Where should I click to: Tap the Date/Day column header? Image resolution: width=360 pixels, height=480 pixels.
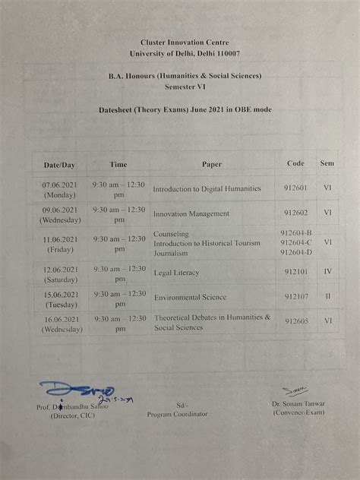point(59,164)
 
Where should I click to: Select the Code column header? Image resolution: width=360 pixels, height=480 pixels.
point(295,163)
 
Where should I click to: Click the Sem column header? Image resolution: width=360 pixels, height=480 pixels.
point(327,163)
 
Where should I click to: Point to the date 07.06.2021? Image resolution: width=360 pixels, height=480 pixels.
point(60,184)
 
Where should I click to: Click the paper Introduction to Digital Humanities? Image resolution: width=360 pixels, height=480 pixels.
point(207,188)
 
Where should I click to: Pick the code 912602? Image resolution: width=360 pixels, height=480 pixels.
point(296,213)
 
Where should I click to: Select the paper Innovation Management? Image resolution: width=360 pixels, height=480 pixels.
point(191,214)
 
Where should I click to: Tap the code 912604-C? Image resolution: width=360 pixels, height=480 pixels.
point(296,243)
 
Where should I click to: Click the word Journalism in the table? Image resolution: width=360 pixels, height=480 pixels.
point(172,252)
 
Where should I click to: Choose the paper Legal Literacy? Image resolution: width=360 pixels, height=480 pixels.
point(176,272)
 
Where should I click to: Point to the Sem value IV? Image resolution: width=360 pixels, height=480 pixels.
point(327,271)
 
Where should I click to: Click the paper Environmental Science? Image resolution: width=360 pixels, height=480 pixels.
point(190,298)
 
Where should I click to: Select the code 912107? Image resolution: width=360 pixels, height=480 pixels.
point(296,297)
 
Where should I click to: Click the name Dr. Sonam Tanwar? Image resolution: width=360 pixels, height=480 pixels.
point(302,404)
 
